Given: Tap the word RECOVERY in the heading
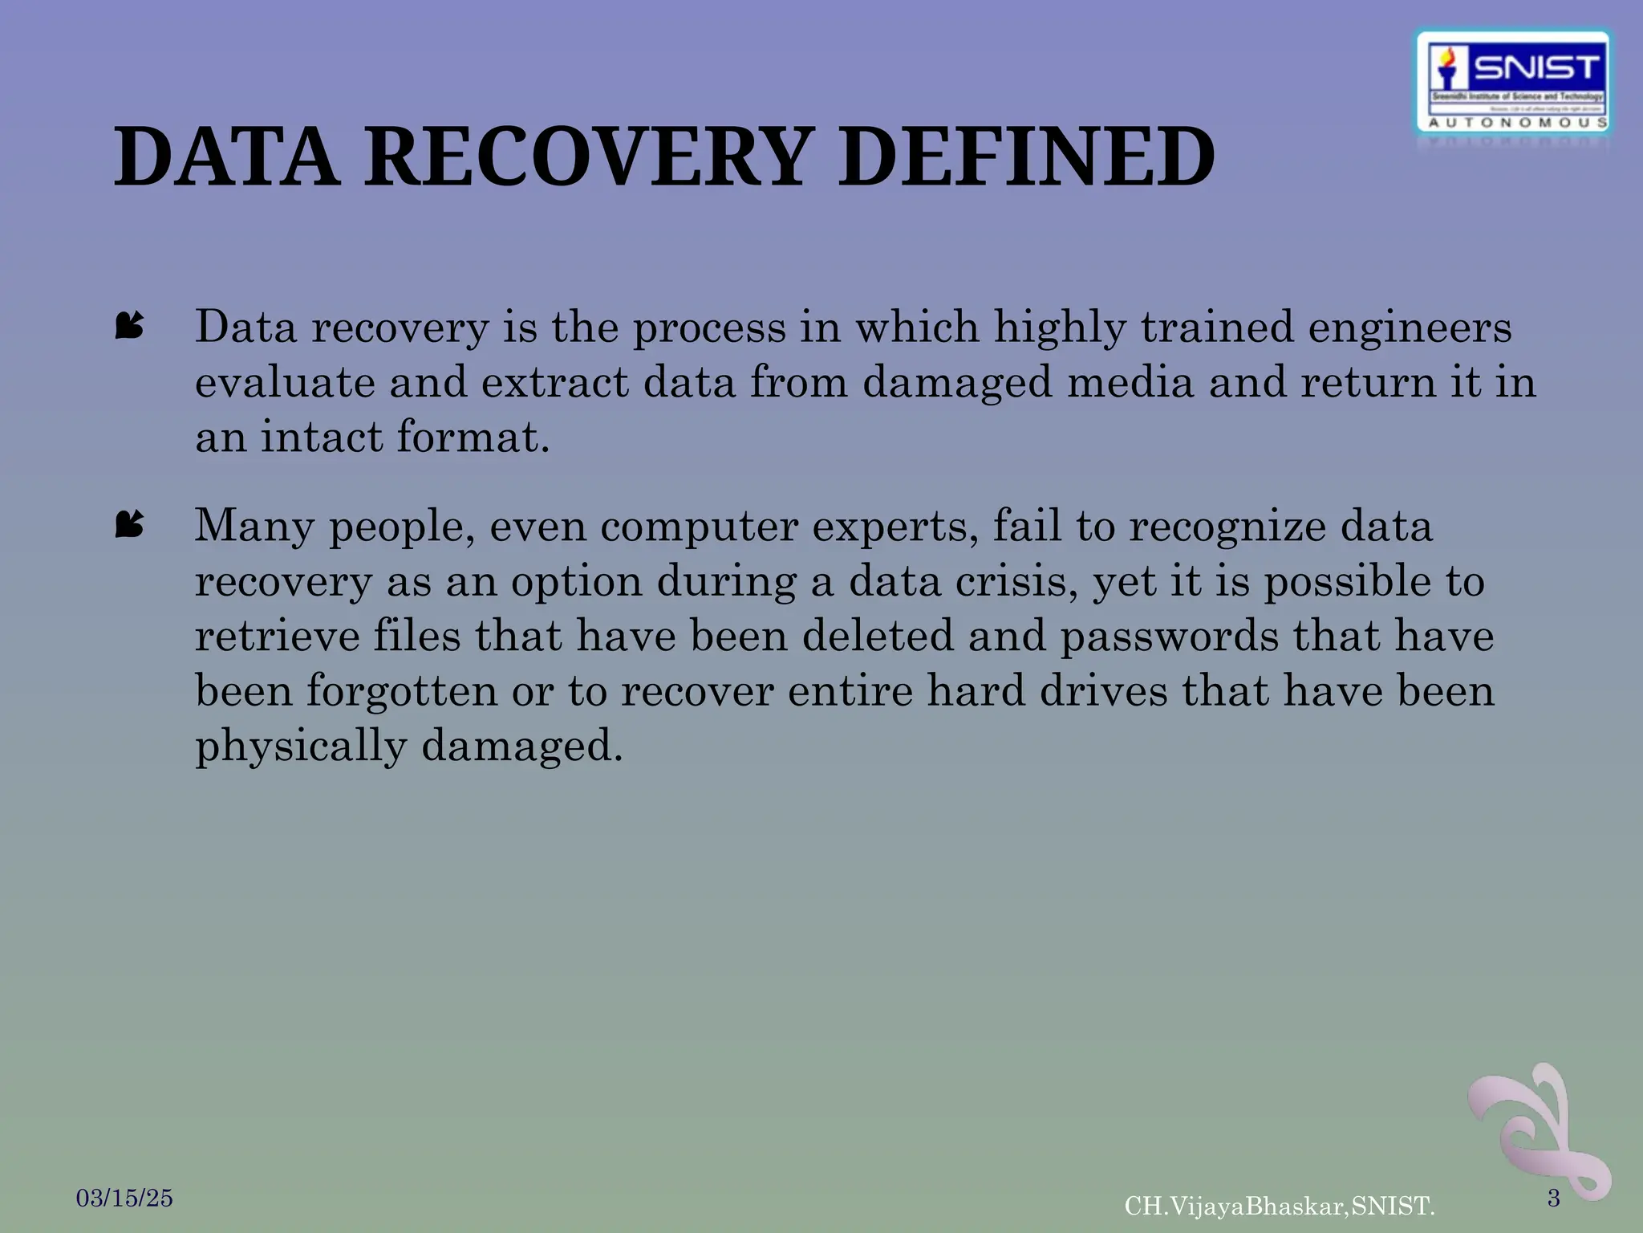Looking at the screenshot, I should (585, 157).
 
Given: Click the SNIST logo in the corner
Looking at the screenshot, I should (1514, 81).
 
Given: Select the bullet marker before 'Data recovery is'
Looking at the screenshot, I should (129, 326).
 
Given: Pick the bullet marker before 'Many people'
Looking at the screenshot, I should (129, 525).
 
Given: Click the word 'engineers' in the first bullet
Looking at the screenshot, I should (1410, 328).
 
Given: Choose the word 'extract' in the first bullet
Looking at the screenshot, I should (554, 382).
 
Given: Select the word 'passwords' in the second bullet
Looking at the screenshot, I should (1170, 636).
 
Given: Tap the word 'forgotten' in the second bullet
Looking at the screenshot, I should (402, 691).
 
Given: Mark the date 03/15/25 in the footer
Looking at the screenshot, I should (124, 1198).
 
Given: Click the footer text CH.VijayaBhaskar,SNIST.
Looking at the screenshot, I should (1280, 1206).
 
